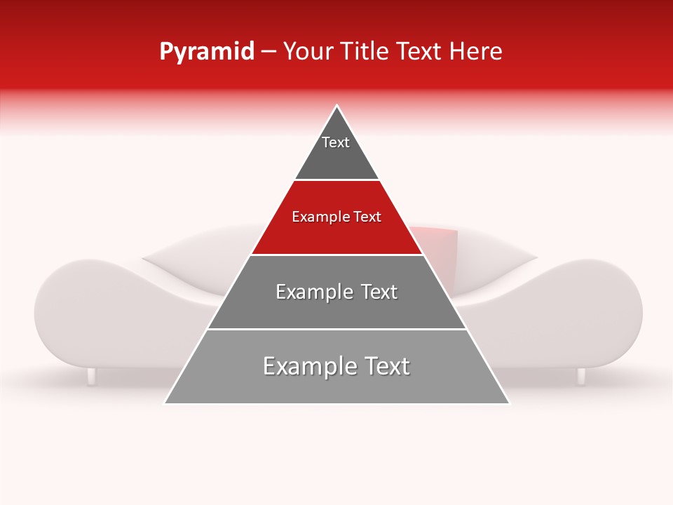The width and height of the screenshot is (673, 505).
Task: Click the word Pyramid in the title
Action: [206, 52]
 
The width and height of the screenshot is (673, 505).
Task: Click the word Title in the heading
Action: [367, 52]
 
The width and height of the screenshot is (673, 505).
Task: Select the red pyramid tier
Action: [336, 235]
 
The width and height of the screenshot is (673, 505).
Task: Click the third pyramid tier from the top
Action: [336, 309]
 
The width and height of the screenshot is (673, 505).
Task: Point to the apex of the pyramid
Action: [337, 107]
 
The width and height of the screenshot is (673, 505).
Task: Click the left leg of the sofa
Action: [91, 376]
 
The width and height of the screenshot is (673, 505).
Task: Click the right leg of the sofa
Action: [581, 376]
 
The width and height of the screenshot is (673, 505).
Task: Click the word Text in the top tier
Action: [336, 142]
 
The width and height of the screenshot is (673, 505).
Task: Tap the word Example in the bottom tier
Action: [302, 366]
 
